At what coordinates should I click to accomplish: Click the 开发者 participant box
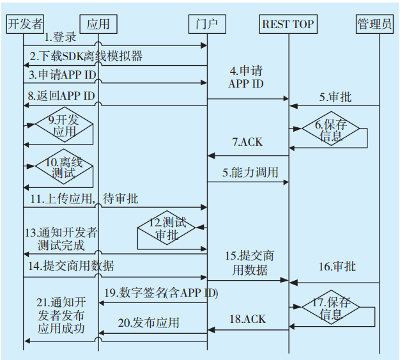click(x=25, y=24)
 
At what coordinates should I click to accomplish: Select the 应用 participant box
click(x=98, y=24)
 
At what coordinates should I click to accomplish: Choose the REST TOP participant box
click(x=289, y=24)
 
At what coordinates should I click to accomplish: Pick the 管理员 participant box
click(x=375, y=24)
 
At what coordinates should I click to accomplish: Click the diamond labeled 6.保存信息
click(x=331, y=129)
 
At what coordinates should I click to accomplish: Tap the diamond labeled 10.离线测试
click(x=63, y=168)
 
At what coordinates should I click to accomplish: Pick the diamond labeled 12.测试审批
click(x=167, y=229)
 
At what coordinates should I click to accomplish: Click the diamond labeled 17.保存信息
click(x=331, y=308)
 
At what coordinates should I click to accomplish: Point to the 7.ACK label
click(x=247, y=141)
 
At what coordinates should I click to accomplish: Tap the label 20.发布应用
click(x=148, y=322)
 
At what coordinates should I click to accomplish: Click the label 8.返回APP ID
click(x=61, y=96)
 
